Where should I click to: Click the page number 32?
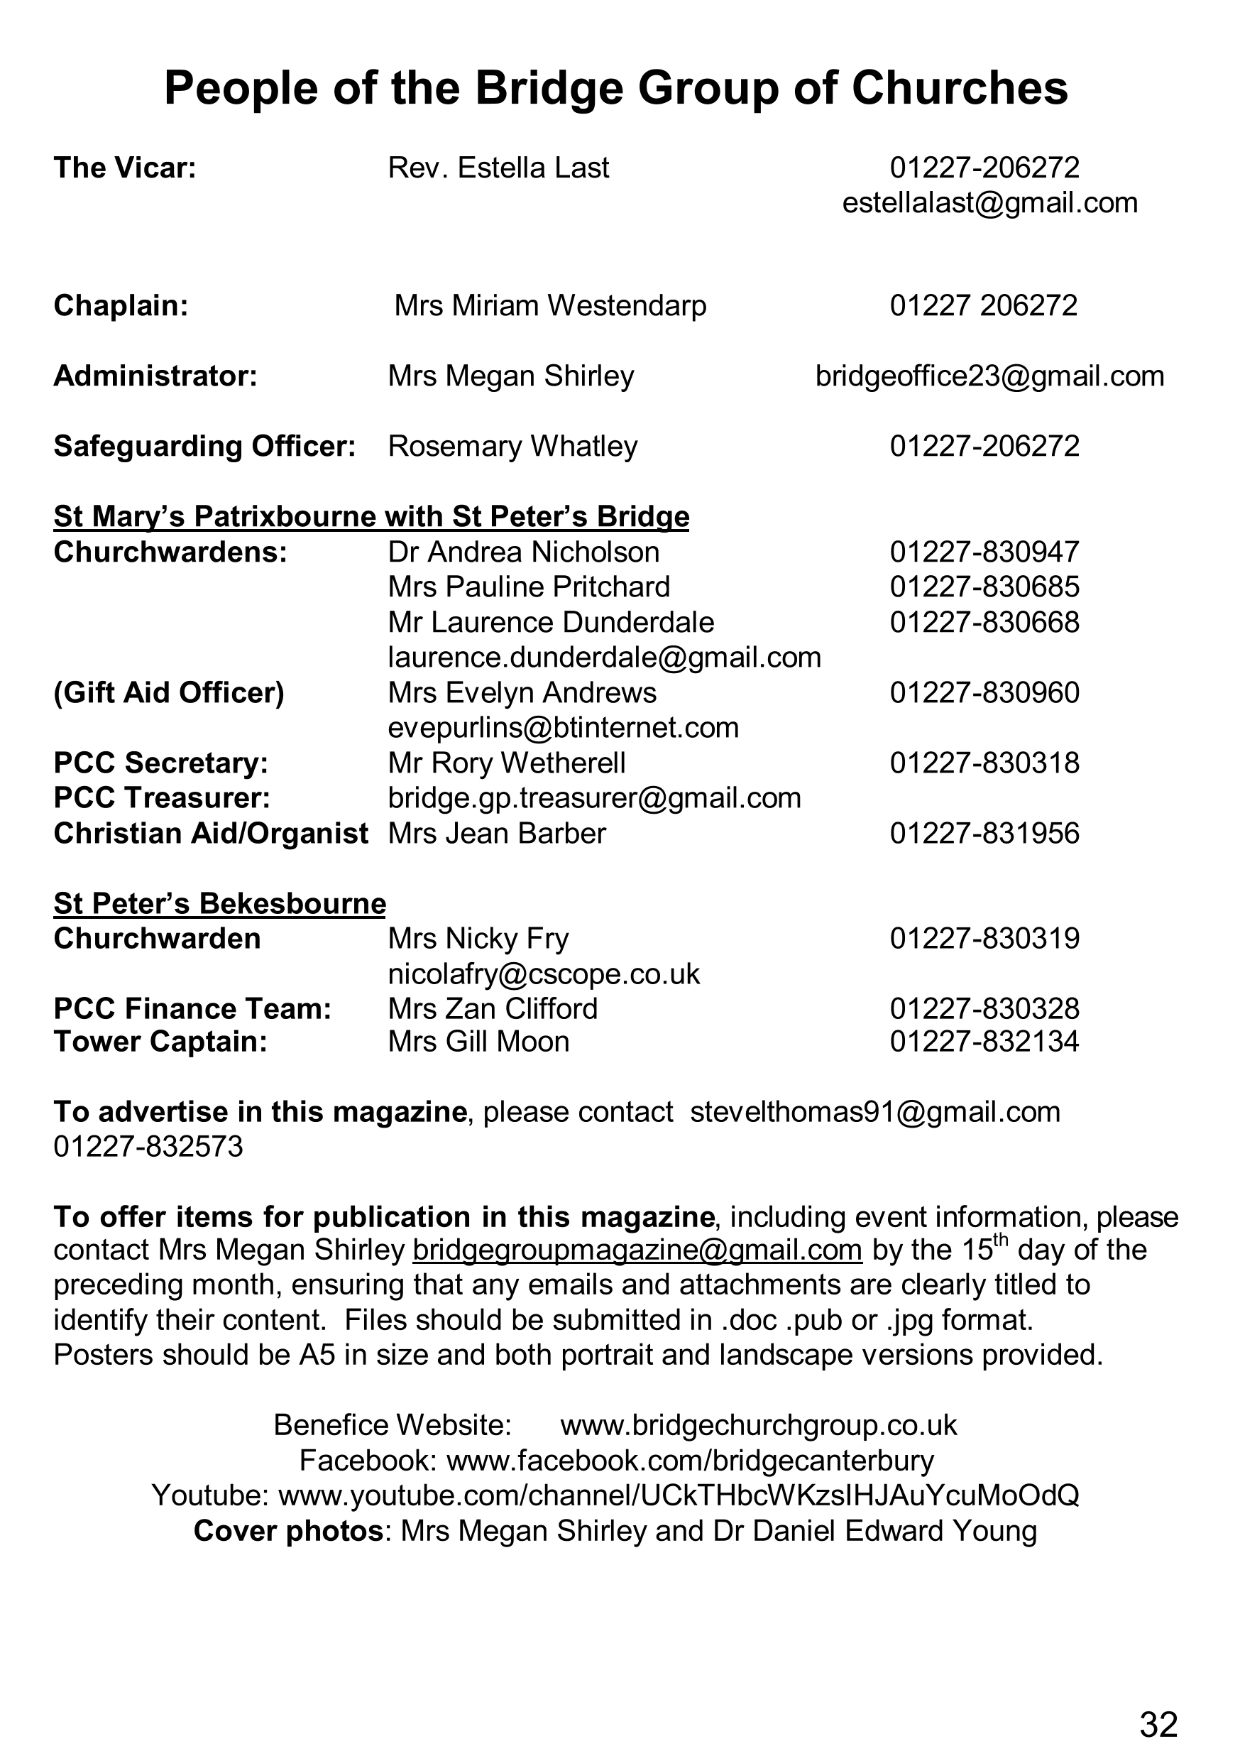(1158, 1724)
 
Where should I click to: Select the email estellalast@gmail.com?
(989, 203)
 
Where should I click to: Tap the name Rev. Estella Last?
(498, 168)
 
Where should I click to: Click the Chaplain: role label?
(121, 306)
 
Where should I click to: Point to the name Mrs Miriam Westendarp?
(550, 306)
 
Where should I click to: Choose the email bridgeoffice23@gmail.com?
(989, 376)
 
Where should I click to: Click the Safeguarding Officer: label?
(204, 447)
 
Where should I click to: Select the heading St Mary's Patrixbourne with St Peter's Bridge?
(371, 517)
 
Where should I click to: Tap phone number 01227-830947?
(984, 552)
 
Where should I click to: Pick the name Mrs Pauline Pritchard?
(529, 587)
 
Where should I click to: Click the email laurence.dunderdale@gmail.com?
(604, 658)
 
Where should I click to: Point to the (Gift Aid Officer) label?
(169, 693)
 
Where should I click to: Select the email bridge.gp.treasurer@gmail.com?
(594, 798)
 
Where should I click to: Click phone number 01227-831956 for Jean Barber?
(984, 834)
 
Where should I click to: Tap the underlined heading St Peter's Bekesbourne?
(220, 904)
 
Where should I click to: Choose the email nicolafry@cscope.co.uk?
(544, 974)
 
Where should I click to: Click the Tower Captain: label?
(160, 1042)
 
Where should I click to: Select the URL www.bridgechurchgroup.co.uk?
(759, 1425)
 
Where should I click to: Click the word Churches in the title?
(960, 88)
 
